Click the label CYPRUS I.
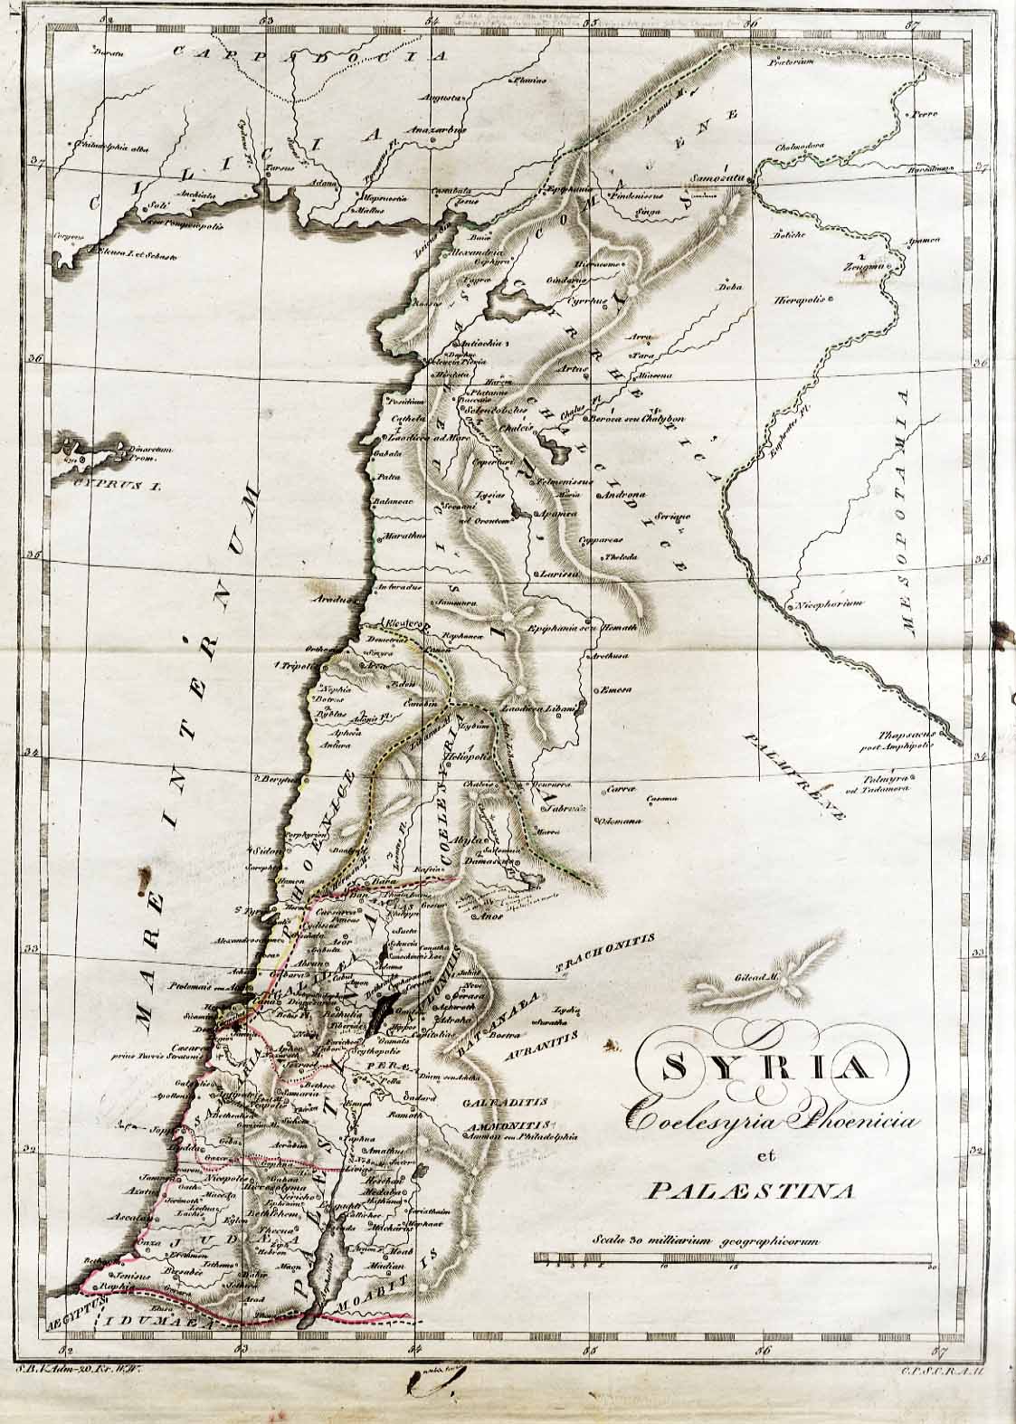(x=105, y=486)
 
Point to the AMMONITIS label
(x=492, y=1126)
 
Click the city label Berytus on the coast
(x=277, y=777)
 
